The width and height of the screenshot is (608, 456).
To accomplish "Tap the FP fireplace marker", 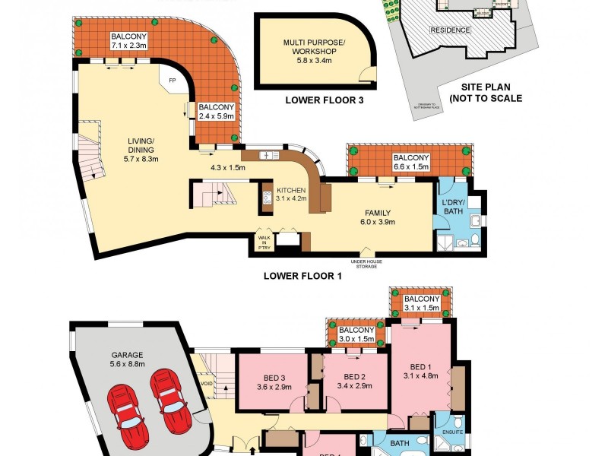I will point(172,80).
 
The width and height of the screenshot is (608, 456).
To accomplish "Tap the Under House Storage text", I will point(366,264).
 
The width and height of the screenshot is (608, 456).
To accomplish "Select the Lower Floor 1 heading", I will point(302,277).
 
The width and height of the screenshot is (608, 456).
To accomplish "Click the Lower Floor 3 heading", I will point(323,100).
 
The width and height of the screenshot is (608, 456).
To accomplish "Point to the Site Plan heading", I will point(486,93).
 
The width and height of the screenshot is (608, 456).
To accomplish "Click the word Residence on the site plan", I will point(450,30).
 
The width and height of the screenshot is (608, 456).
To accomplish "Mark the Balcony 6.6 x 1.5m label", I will point(411,163).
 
